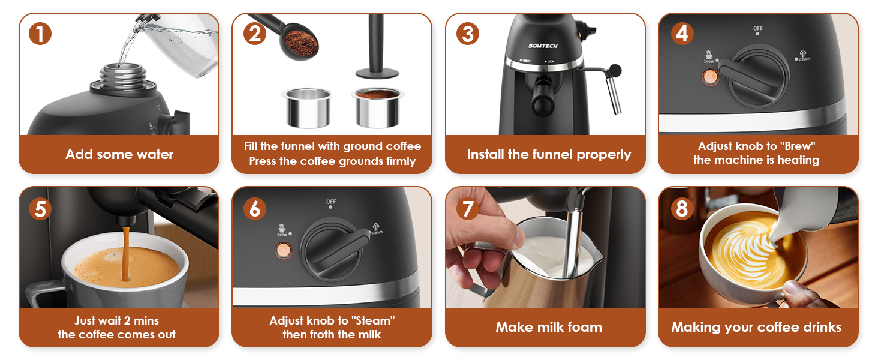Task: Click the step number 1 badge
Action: pyautogui.click(x=40, y=34)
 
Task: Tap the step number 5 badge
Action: pyautogui.click(x=40, y=208)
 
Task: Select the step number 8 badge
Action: pyautogui.click(x=681, y=208)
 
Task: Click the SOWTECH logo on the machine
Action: pyautogui.click(x=543, y=45)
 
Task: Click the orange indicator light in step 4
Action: pyautogui.click(x=711, y=76)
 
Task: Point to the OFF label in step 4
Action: pyautogui.click(x=758, y=28)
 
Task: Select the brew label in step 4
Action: pyautogui.click(x=709, y=60)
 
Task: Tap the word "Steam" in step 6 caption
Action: pyautogui.click(x=375, y=320)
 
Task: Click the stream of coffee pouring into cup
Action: pyautogui.click(x=125, y=252)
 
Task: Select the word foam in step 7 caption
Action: pyautogui.click(x=585, y=327)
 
